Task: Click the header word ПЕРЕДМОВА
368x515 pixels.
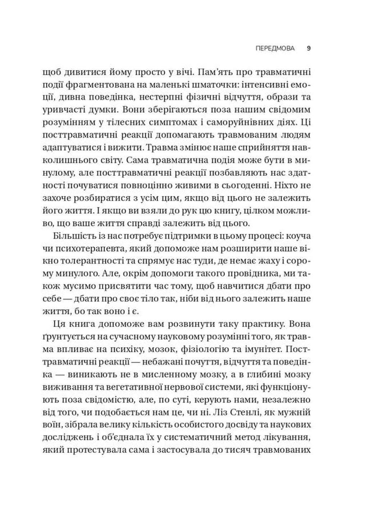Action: (x=275, y=48)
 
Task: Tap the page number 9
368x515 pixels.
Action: (x=309, y=48)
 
